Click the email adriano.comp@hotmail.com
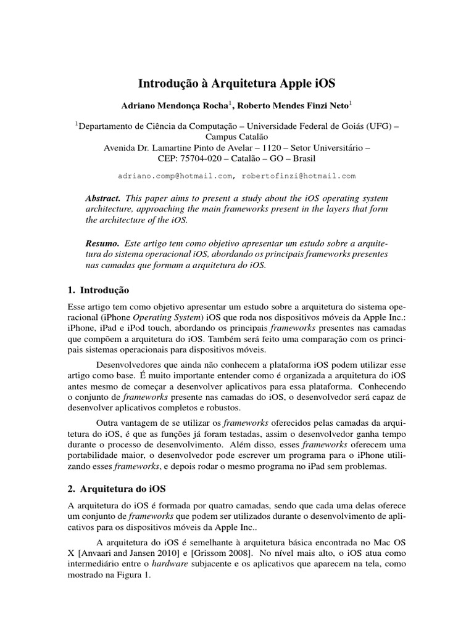click(175, 176)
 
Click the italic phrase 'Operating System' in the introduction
click(161, 317)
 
